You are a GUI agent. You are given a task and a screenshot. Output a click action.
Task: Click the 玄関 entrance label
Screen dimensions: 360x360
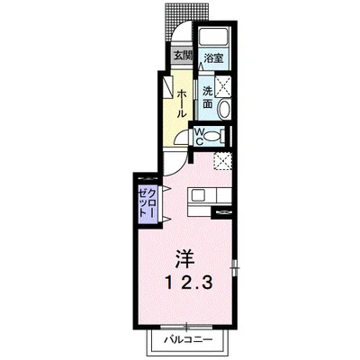(x=183, y=55)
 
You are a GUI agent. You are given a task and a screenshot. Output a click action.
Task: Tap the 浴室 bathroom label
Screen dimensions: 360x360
(x=213, y=58)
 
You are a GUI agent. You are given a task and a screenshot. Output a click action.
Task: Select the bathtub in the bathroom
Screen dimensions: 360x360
(x=213, y=38)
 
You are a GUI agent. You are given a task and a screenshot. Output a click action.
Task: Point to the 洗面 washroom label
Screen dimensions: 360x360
(x=207, y=96)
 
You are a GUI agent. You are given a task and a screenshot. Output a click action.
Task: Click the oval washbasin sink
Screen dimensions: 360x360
(x=224, y=109)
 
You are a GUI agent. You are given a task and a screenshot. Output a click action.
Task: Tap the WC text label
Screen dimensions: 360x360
(x=199, y=137)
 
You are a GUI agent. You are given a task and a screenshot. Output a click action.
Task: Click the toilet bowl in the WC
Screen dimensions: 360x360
(x=212, y=137)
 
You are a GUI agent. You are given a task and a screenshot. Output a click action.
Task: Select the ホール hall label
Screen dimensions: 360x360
(x=182, y=103)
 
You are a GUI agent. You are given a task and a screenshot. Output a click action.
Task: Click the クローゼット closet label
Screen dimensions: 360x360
(x=147, y=202)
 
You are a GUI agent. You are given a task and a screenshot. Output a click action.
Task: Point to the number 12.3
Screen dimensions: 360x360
(x=189, y=283)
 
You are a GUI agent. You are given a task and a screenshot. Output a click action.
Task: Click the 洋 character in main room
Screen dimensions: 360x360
(x=185, y=259)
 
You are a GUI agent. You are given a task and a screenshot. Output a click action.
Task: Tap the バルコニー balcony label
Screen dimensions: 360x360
(x=188, y=340)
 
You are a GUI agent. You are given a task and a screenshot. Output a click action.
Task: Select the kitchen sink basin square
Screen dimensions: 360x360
(x=198, y=195)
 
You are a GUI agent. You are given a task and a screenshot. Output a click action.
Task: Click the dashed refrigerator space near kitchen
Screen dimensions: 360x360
(x=223, y=161)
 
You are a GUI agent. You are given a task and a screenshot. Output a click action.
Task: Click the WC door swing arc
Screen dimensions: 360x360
(x=181, y=138)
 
